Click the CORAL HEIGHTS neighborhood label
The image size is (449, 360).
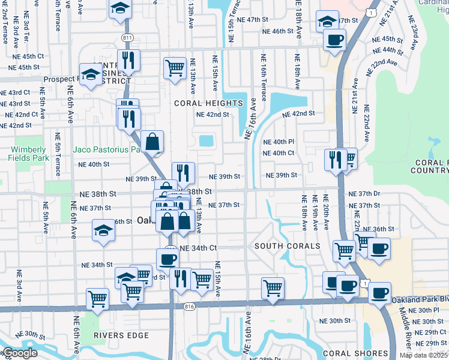coord(208,103)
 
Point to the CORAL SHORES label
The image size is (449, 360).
coord(348,353)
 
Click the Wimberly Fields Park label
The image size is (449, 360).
coord(27,154)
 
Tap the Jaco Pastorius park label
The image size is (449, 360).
coord(106,149)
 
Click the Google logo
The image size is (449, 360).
coord(19,353)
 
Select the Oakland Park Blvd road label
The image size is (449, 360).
coord(420,299)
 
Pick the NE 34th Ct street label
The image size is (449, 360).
coord(198,248)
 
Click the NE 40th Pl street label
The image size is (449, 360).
coord(279,142)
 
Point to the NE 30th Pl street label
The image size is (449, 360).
coord(428,310)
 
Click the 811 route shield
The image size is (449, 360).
coord(127,37)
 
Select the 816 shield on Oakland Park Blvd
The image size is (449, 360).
coord(190,307)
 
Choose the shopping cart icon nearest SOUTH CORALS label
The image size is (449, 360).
coord(345,250)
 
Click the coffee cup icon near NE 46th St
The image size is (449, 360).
coord(334,41)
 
